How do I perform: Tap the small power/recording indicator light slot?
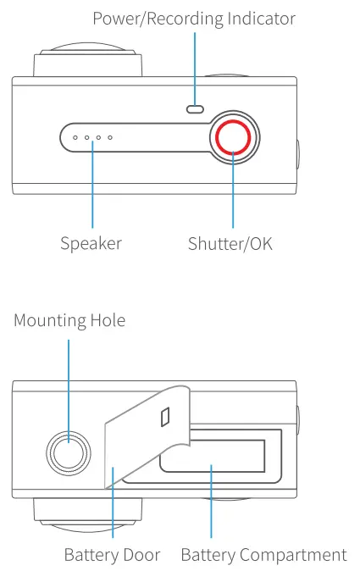point(196,108)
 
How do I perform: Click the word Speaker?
point(91,244)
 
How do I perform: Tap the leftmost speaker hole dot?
point(75,136)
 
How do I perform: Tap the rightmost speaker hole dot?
point(110,136)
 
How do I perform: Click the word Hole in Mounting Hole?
point(108,321)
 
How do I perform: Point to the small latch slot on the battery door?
point(165,416)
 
